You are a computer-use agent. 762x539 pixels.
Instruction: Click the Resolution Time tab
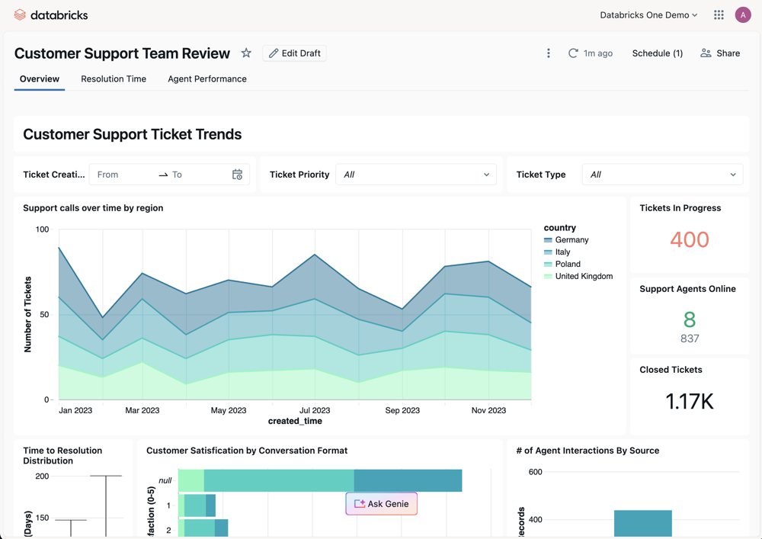pyautogui.click(x=114, y=79)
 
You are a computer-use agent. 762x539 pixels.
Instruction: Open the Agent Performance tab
pyautogui.click(x=207, y=79)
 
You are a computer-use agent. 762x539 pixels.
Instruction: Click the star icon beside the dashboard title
pyautogui.click(x=246, y=53)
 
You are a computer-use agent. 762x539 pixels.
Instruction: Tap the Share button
pyautogui.click(x=720, y=53)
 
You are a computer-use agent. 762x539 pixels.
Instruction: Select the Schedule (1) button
pyautogui.click(x=657, y=53)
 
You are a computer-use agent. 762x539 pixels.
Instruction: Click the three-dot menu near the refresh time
pyautogui.click(x=549, y=53)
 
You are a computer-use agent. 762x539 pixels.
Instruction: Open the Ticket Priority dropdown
pyautogui.click(x=416, y=175)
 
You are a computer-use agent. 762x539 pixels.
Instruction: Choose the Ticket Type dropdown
pyautogui.click(x=662, y=175)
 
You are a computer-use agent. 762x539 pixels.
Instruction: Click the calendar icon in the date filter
pyautogui.click(x=237, y=175)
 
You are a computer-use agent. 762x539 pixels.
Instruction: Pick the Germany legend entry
pyautogui.click(x=571, y=240)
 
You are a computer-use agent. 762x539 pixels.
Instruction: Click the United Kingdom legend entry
pyautogui.click(x=583, y=276)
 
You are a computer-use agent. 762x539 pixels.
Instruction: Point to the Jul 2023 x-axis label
pyautogui.click(x=315, y=410)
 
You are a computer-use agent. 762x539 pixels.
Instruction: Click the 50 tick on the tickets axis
pyautogui.click(x=43, y=315)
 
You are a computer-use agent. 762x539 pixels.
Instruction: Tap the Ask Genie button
pyautogui.click(x=381, y=504)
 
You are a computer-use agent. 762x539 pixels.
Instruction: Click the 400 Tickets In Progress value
pyautogui.click(x=690, y=239)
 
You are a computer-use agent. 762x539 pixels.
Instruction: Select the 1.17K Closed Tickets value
pyautogui.click(x=690, y=401)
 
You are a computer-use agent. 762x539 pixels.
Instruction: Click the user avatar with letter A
pyautogui.click(x=743, y=14)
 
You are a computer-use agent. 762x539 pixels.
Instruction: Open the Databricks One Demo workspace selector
pyautogui.click(x=648, y=14)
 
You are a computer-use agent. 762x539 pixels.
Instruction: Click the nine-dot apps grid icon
pyautogui.click(x=719, y=14)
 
